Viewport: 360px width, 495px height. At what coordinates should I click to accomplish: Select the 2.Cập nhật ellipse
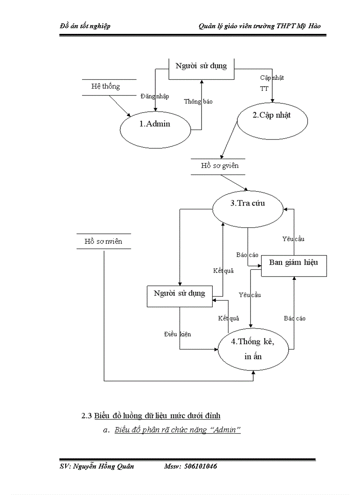pyautogui.click(x=272, y=115)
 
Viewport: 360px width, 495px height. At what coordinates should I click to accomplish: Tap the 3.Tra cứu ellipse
pyautogui.click(x=247, y=204)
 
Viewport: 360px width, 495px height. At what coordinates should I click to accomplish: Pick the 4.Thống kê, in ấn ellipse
pyautogui.click(x=253, y=349)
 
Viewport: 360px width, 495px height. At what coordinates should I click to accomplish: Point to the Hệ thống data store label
pyautogui.click(x=105, y=86)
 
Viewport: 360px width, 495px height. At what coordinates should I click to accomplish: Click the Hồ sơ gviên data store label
pyautogui.click(x=219, y=166)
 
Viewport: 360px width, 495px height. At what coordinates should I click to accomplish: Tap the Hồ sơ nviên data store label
pyautogui.click(x=103, y=242)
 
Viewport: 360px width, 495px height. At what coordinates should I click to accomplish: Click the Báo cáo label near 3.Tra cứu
pyautogui.click(x=247, y=255)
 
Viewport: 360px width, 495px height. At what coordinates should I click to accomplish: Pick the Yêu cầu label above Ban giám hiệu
pyautogui.click(x=293, y=239)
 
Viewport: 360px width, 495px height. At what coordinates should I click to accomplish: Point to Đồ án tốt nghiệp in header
pyautogui.click(x=85, y=26)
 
